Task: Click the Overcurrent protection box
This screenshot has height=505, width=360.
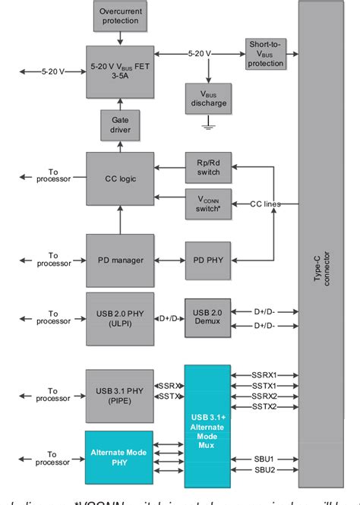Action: click(121, 15)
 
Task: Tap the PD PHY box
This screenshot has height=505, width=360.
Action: click(207, 260)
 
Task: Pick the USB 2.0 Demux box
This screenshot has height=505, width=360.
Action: click(207, 317)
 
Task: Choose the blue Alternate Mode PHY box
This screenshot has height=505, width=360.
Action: click(118, 458)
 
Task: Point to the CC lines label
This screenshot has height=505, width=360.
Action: click(266, 204)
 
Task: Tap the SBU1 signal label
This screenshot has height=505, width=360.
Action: click(264, 459)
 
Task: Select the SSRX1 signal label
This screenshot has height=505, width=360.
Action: click(264, 375)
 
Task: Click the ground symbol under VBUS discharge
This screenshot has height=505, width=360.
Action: click(207, 128)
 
